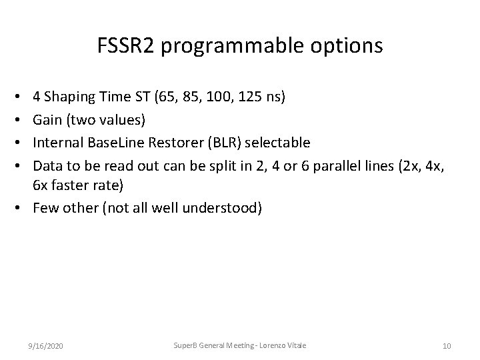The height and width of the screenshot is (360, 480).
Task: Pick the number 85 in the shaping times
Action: (x=189, y=98)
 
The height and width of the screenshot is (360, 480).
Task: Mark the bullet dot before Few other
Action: (x=25, y=207)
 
